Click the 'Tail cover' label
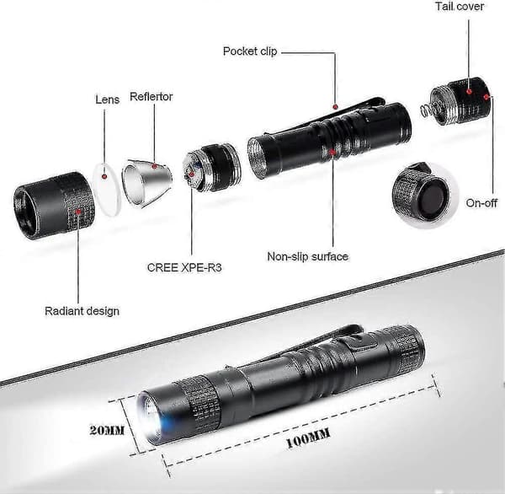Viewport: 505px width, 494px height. tap(460, 7)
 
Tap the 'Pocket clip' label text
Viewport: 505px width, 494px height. tap(250, 51)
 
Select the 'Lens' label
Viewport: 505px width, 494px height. tap(107, 99)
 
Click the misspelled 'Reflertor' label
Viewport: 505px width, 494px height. tap(151, 96)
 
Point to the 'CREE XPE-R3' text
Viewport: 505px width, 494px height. tap(184, 267)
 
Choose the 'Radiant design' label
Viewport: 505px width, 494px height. tap(82, 311)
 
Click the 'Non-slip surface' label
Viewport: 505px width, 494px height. tap(307, 256)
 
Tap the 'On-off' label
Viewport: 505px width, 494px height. tap(481, 203)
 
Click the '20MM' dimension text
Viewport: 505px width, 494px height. tap(107, 431)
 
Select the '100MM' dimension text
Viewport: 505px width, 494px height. tap(308, 438)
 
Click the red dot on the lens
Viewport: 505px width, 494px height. tap(104, 176)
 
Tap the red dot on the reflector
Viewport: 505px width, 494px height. tap(154, 167)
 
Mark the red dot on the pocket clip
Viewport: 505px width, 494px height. tap(335, 106)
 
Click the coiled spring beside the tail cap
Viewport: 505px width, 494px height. tap(427, 111)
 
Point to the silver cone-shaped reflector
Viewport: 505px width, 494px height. tap(146, 183)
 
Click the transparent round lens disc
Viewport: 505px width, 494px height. tap(107, 190)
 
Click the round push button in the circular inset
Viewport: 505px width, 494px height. tap(431, 198)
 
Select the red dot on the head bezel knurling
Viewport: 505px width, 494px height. tap(78, 212)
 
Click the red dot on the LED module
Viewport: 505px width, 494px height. tap(191, 175)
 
